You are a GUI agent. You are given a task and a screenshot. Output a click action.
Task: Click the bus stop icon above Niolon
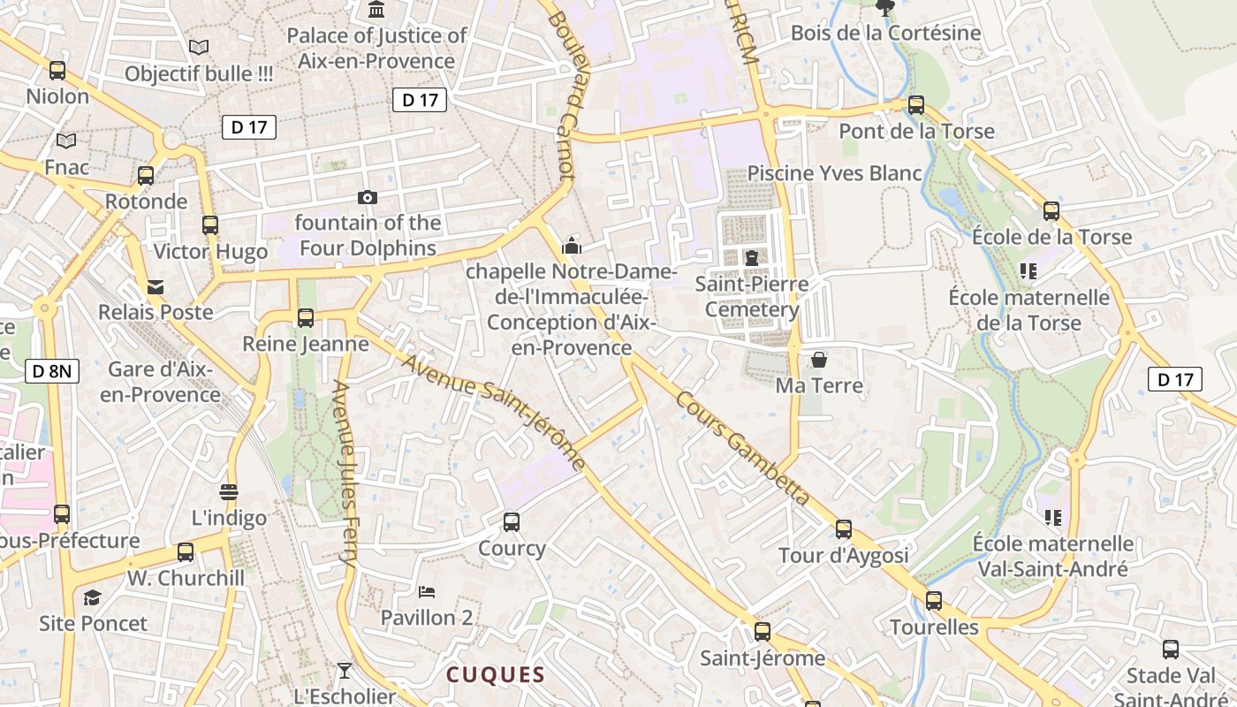click(57, 71)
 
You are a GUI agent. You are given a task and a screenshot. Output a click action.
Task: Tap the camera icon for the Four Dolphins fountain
click(368, 197)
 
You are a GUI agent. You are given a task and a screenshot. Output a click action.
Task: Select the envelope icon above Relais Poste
click(156, 286)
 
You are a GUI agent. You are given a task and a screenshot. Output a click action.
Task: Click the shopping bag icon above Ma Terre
click(819, 360)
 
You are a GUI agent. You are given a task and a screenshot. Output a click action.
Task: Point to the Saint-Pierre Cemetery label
click(752, 297)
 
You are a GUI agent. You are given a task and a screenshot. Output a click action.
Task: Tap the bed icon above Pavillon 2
click(427, 591)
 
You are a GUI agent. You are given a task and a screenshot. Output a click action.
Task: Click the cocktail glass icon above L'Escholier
click(345, 671)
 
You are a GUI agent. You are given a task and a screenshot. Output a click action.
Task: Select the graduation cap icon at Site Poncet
click(93, 598)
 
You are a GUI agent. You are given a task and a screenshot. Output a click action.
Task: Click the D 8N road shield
click(52, 371)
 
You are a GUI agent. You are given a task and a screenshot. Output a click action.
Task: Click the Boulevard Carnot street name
click(562, 93)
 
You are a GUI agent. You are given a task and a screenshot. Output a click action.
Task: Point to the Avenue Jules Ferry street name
click(345, 474)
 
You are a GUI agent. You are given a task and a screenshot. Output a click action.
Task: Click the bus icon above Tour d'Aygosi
click(844, 529)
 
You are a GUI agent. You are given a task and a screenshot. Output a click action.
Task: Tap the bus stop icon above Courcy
click(512, 522)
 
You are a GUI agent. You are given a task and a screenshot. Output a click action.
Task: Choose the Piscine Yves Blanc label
click(834, 173)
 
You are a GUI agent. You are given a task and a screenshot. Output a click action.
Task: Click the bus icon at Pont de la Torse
click(916, 105)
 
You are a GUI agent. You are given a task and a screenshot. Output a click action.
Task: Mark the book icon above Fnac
click(66, 141)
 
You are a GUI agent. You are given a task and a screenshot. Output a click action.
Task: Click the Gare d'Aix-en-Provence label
click(160, 382)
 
